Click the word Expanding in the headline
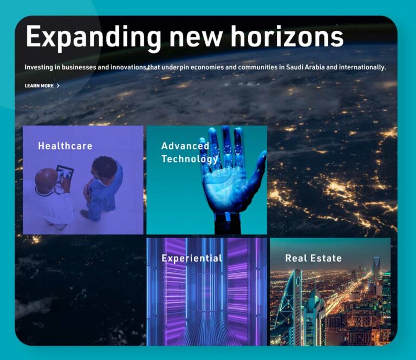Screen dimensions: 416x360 (x=93, y=37)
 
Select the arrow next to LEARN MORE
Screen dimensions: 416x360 (x=58, y=86)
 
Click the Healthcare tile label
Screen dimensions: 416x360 (x=65, y=146)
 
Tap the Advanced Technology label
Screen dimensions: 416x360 (x=190, y=152)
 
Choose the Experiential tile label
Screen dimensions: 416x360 (x=192, y=258)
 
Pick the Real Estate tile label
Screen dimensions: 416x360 (x=313, y=258)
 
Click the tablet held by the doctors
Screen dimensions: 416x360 (x=65, y=174)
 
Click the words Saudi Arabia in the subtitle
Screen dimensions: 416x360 (x=305, y=67)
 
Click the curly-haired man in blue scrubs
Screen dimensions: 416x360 (x=103, y=187)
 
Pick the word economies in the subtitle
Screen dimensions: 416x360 (x=207, y=67)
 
